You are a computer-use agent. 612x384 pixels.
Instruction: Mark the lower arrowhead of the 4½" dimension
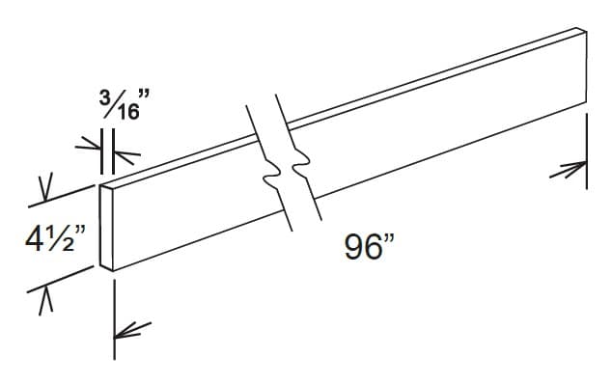click(x=42, y=300)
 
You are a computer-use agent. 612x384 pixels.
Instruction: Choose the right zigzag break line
click(x=302, y=164)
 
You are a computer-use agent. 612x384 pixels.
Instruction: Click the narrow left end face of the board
click(x=108, y=227)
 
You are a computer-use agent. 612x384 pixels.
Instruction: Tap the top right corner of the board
click(x=585, y=32)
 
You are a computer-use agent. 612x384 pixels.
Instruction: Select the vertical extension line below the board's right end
click(x=587, y=145)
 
